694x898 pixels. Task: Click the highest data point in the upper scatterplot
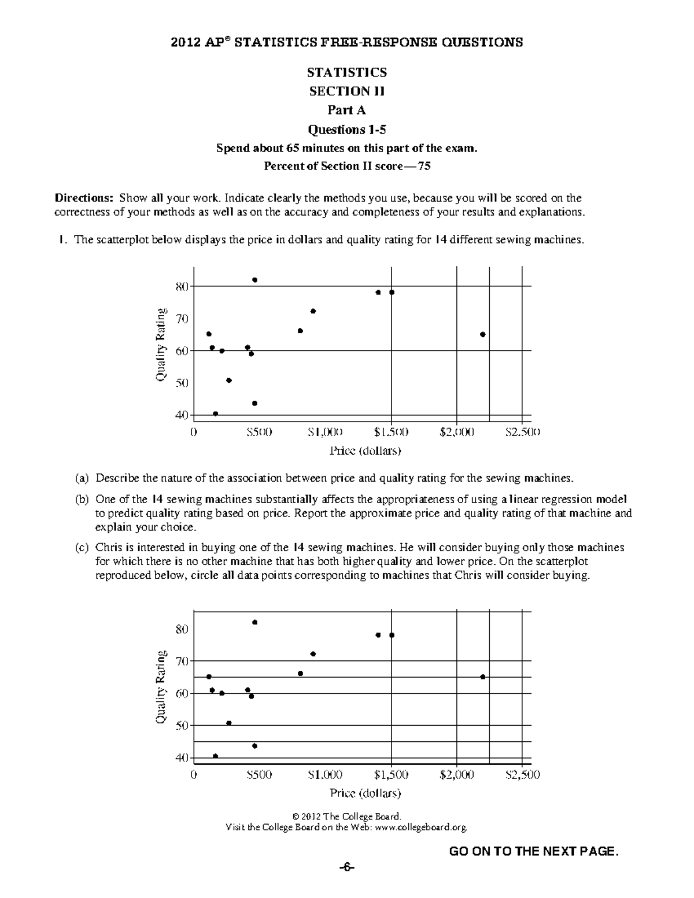[254, 280]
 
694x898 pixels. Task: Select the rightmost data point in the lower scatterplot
[482, 677]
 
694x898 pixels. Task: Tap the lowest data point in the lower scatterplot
[216, 756]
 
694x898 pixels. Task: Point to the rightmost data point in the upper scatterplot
[482, 334]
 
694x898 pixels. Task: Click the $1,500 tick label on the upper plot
[391, 432]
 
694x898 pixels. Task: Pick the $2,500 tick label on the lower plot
[522, 775]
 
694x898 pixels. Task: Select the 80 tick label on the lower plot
[182, 629]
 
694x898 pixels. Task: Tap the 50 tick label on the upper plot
[182, 383]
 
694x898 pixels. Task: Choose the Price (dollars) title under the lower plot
[365, 793]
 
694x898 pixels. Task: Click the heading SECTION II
[347, 91]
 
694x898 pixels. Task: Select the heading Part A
[347, 110]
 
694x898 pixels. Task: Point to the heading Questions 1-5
[347, 129]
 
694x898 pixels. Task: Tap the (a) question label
[82, 478]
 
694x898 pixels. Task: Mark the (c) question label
[82, 547]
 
